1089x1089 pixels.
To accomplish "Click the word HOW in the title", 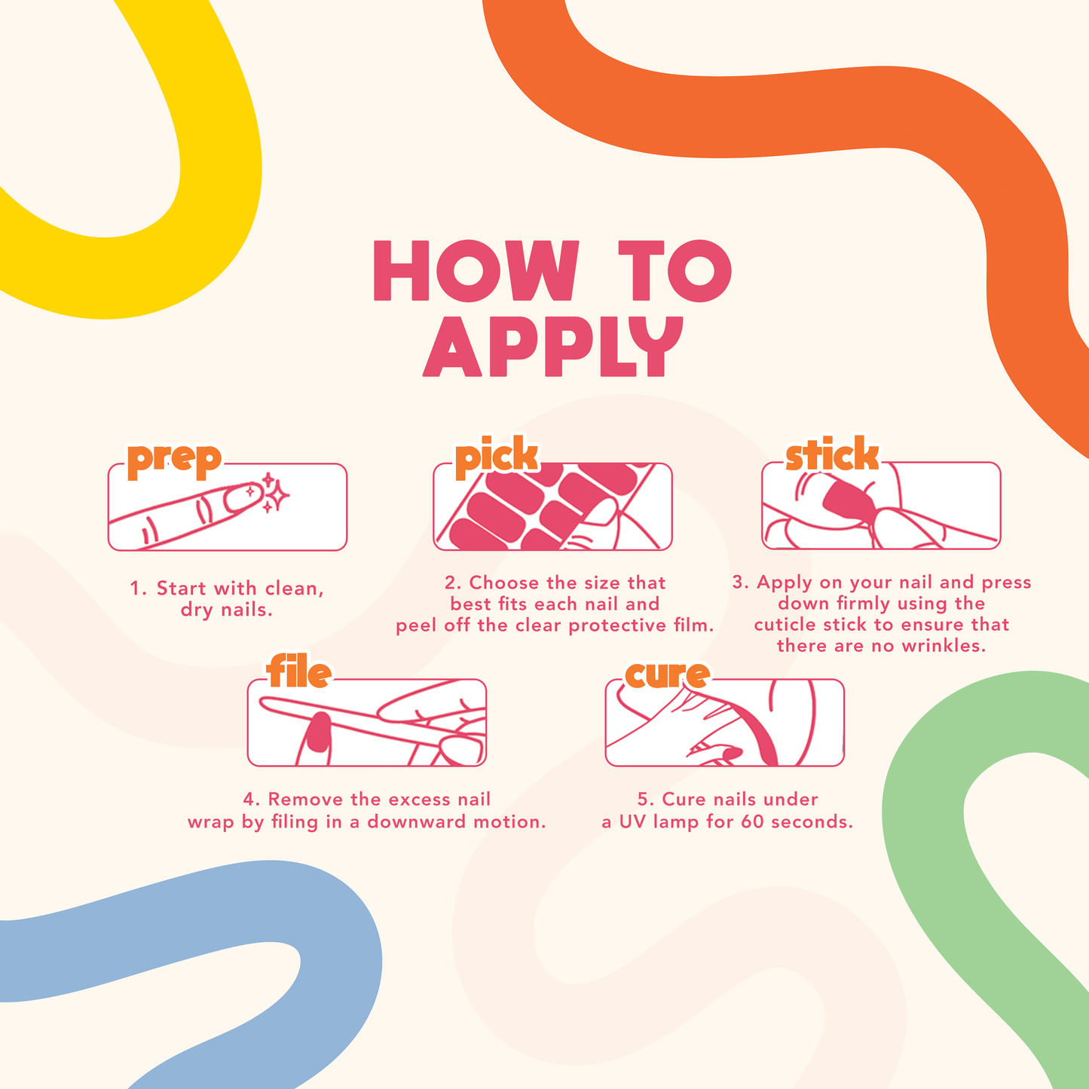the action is coord(476,271).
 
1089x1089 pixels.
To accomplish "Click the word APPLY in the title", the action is coord(553,346).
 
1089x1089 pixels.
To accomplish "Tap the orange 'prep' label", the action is coord(174,460).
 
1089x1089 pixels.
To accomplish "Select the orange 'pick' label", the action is coord(497,457).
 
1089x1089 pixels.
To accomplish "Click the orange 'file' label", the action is coord(298,671).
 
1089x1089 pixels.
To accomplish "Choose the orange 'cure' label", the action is coord(667,675).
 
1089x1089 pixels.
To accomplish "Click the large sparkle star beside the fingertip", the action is coord(277,496).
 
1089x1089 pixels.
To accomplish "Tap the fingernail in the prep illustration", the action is coord(242,497).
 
